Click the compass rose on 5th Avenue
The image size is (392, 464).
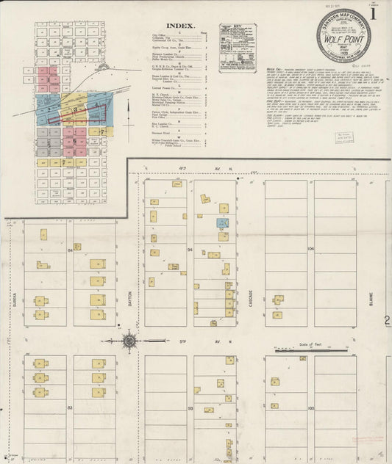click(129, 340)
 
